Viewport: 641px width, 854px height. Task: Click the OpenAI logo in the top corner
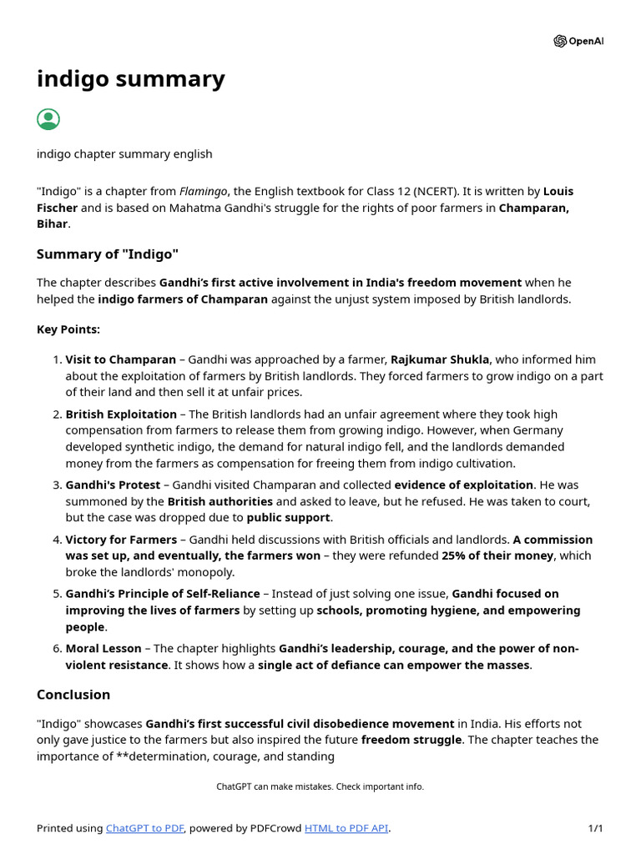[578, 42]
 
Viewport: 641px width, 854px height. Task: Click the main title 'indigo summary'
[130, 78]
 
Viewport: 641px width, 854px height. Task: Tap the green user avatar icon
[48, 119]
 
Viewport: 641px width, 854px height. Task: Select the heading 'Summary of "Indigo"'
[107, 254]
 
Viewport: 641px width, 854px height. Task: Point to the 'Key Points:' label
[68, 329]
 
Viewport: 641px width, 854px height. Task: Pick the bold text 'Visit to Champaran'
[121, 359]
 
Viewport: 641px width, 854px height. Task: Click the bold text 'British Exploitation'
[121, 414]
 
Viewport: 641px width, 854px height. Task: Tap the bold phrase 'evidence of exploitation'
[463, 485]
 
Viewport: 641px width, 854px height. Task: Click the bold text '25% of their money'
[497, 555]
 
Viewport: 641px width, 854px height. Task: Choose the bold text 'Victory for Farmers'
[121, 540]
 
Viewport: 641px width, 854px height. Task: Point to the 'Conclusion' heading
[73, 695]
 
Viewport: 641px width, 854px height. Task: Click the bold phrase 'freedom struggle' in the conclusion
[411, 740]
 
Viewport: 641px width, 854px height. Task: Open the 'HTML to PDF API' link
[346, 828]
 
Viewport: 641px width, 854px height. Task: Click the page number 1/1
[595, 828]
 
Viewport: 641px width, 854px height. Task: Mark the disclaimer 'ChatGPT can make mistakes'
[320, 786]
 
